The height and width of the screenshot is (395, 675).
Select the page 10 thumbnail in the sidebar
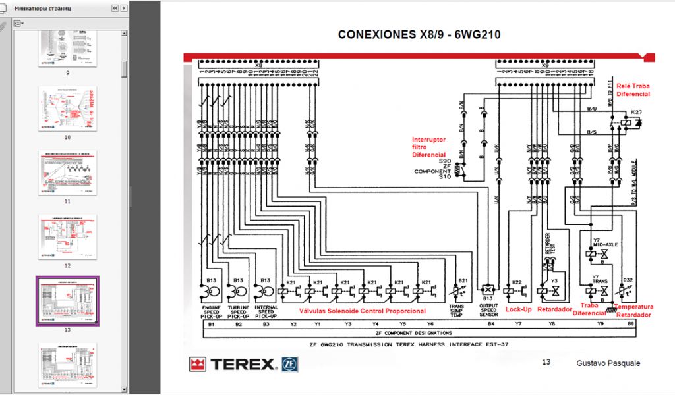pos(67,109)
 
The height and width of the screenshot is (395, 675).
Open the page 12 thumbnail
pos(67,236)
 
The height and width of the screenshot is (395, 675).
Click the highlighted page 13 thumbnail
pos(67,300)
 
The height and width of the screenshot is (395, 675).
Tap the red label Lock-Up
pos(518,309)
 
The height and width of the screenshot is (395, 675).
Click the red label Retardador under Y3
pos(554,309)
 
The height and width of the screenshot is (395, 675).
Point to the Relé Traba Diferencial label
pos(633,90)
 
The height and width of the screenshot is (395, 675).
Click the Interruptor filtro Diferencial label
pos(429,147)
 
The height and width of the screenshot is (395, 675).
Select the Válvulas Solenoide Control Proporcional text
pos(363,311)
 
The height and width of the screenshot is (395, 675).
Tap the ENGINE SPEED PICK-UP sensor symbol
pos(212,290)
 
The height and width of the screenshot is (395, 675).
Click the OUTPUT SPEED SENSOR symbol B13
pos(488,290)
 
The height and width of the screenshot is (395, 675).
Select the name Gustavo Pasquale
pos(607,363)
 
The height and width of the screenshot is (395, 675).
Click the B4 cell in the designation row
pos(490,324)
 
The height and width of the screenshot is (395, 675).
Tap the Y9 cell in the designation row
pos(600,324)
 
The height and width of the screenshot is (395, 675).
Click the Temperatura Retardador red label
pos(634,311)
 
